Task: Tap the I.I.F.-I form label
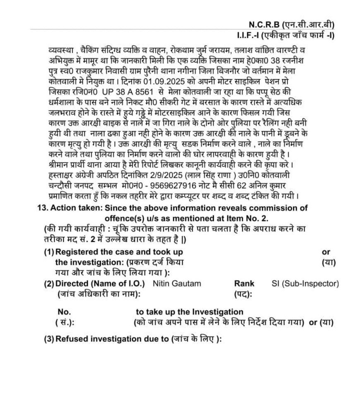tap(248, 36)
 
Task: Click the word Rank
tap(244, 284)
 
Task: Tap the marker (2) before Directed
tap(49, 284)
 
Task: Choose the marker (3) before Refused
tap(49, 339)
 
